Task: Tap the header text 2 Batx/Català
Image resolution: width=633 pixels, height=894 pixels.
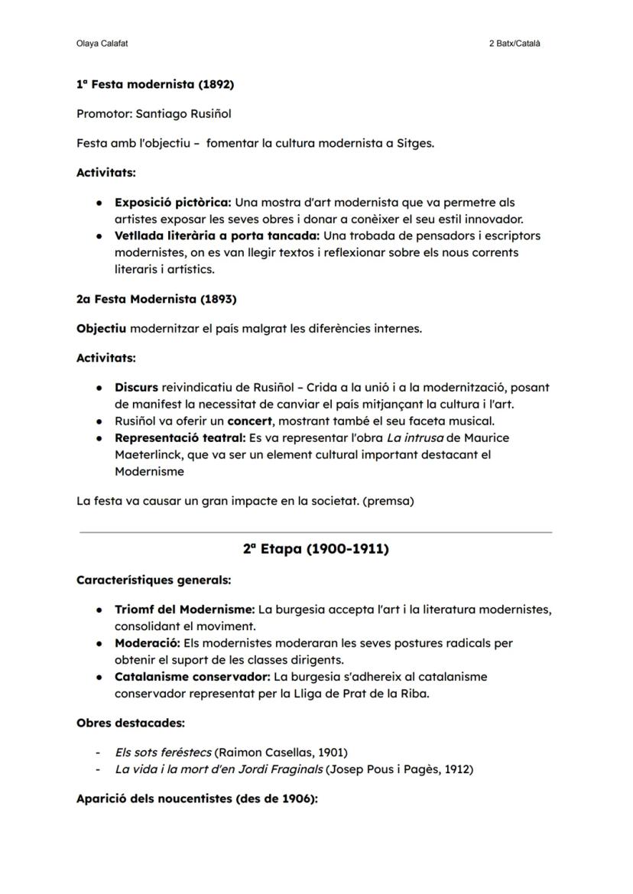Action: (x=515, y=44)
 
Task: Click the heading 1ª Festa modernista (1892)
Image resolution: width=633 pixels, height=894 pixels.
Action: (x=155, y=84)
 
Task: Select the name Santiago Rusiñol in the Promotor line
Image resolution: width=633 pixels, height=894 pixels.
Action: (x=183, y=114)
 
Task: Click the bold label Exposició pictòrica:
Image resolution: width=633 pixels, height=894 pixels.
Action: (x=173, y=203)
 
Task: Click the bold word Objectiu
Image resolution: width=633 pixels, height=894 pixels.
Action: (x=101, y=329)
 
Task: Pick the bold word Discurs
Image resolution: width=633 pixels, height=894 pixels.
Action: (x=136, y=388)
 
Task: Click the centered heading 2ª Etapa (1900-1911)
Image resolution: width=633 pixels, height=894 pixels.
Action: (x=316, y=549)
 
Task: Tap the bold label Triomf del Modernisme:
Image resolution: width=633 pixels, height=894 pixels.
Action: (x=185, y=610)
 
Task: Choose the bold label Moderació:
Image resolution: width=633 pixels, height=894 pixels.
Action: (x=145, y=643)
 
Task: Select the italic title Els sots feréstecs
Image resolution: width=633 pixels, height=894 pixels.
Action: (x=164, y=753)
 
